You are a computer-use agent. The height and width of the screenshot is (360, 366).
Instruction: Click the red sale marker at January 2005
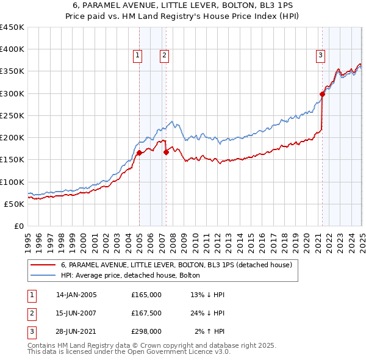click(139, 153)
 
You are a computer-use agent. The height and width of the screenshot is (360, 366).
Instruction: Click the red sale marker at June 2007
click(166, 153)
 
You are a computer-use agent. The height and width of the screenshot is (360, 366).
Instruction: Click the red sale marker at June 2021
click(322, 94)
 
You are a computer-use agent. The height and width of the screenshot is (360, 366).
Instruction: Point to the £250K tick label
click(12, 115)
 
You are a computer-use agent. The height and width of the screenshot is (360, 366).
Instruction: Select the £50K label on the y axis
click(14, 204)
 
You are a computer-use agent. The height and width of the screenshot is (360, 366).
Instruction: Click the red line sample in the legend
click(43, 265)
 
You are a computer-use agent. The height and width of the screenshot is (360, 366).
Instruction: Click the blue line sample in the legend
click(43, 275)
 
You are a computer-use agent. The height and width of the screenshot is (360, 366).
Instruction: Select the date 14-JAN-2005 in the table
click(76, 295)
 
